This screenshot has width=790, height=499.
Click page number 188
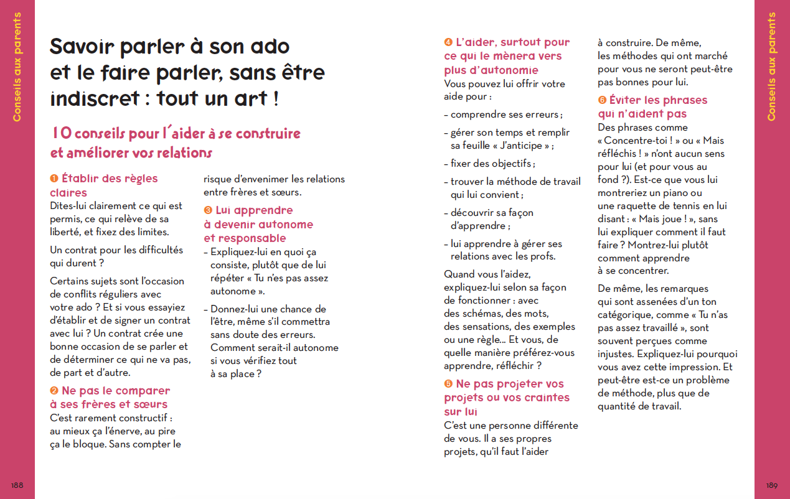tap(17, 485)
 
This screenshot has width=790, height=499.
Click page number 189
tap(772, 485)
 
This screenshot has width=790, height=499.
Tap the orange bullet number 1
tap(54, 179)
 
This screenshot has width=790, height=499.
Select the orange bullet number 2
tap(54, 391)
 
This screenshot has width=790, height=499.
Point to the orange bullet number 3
tap(208, 211)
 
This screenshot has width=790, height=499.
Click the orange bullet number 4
tap(448, 42)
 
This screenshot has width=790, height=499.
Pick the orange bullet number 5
tap(448, 384)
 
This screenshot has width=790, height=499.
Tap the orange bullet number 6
tap(602, 100)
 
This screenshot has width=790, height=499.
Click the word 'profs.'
tap(539, 256)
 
